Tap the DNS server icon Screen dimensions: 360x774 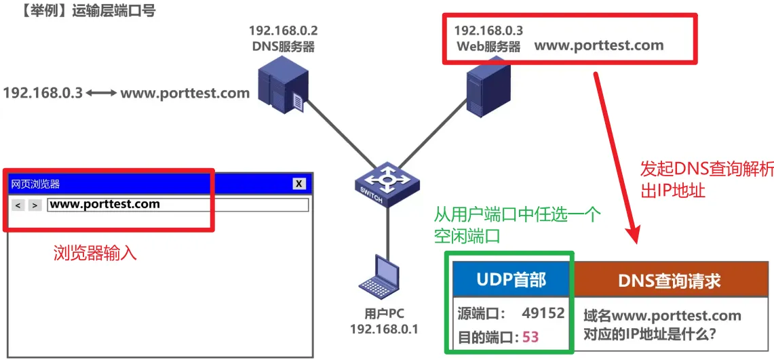click(x=280, y=85)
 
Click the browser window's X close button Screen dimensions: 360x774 click(x=299, y=184)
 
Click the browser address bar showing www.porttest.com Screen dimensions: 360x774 click(x=178, y=204)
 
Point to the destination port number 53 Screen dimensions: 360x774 click(x=530, y=337)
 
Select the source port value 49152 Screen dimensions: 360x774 click(x=543, y=313)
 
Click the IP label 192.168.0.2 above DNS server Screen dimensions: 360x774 click(x=284, y=31)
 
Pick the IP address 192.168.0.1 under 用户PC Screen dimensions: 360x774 click(x=384, y=329)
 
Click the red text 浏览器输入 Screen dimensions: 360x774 click(x=96, y=254)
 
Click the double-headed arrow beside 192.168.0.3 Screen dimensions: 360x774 click(x=102, y=93)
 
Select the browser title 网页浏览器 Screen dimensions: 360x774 click(x=35, y=184)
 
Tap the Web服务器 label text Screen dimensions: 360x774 click(x=488, y=47)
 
